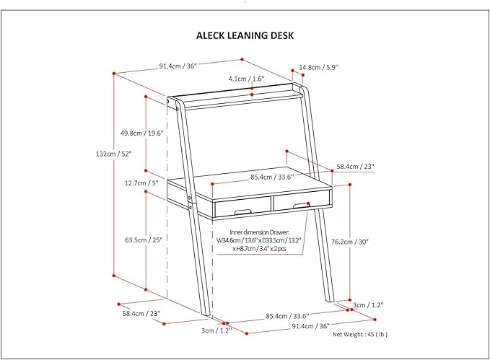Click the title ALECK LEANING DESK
pyautogui.click(x=245, y=35)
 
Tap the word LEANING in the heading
pyautogui.click(x=247, y=35)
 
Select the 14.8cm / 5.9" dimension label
pyautogui.click(x=318, y=67)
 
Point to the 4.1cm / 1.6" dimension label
pyautogui.click(x=247, y=78)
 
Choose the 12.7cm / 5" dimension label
pyautogui.click(x=141, y=183)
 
